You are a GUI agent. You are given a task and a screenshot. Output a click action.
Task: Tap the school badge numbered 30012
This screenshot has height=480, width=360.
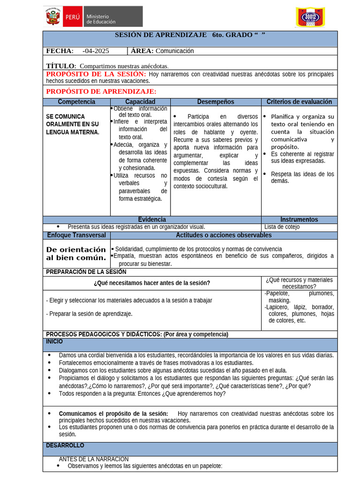[310, 17]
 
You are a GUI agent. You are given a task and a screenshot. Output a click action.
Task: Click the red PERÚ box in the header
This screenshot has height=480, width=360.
[72, 16]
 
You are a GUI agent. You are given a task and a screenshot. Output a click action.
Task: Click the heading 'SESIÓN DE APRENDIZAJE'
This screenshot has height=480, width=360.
[160, 35]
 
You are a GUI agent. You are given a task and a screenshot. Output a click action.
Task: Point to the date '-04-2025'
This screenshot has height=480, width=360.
[96, 51]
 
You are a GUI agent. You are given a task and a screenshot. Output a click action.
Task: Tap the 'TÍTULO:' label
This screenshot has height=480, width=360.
[61, 66]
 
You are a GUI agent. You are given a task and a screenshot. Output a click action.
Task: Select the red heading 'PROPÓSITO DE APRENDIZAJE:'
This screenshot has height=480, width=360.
[101, 91]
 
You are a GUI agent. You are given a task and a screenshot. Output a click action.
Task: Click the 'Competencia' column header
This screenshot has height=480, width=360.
[76, 102]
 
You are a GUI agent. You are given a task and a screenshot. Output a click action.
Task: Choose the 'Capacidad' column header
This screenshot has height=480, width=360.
[140, 102]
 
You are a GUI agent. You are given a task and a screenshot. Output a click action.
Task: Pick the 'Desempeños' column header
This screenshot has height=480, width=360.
[215, 102]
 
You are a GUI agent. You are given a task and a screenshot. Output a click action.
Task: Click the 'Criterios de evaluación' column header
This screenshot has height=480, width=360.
[299, 102]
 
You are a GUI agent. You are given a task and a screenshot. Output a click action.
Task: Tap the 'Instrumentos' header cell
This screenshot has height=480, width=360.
[299, 219]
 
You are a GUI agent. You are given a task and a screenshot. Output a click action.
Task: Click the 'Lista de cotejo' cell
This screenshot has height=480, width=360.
[282, 227]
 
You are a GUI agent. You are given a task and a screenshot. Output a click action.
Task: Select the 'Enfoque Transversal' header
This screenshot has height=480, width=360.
[76, 235]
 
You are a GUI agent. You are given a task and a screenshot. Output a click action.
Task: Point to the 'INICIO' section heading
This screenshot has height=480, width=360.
[54, 342]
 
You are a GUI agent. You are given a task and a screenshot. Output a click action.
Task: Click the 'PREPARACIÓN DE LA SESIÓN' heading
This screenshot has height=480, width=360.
[86, 272]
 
